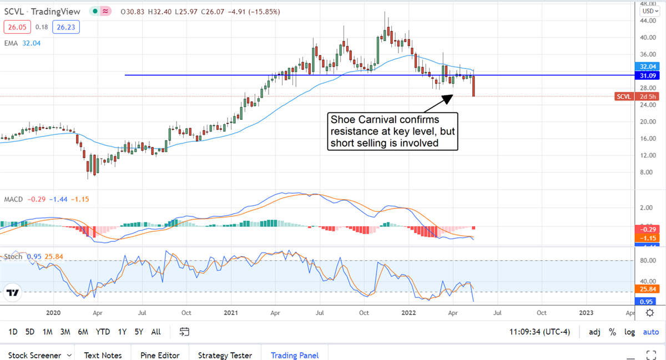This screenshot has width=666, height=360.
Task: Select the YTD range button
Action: pos(103,332)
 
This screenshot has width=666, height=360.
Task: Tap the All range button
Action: pos(156,332)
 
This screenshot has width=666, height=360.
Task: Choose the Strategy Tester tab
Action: pos(225,355)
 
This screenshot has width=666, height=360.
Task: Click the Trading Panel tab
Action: pos(295,355)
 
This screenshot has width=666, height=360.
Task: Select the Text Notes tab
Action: pos(104,355)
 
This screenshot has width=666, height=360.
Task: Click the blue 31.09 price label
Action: pos(649,75)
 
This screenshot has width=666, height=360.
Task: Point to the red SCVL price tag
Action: pos(624,97)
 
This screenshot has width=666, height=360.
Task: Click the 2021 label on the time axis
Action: pos(231,313)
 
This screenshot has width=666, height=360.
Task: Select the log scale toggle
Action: pos(630,332)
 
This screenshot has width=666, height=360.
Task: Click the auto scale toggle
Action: pos(650,332)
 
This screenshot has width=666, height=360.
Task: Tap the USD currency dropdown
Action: pos(649,11)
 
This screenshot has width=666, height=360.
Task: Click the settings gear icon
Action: pos(649,313)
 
